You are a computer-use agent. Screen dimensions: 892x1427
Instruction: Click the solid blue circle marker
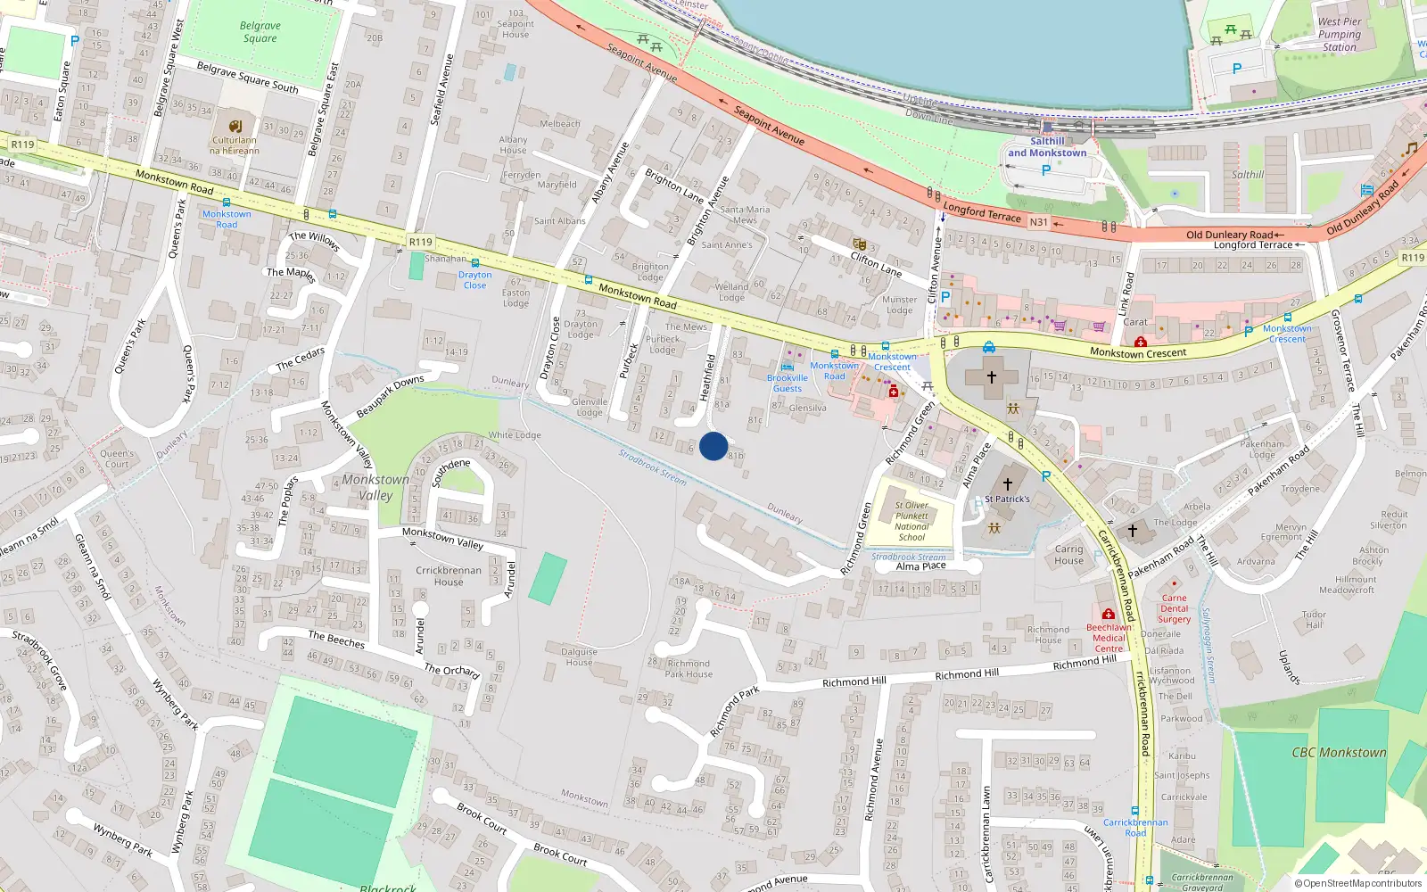coord(713,446)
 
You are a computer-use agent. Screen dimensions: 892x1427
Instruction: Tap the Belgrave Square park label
coord(260,32)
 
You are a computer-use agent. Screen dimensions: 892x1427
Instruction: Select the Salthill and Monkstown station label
coord(1047,147)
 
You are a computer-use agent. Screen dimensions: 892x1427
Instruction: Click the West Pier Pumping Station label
coord(1340,35)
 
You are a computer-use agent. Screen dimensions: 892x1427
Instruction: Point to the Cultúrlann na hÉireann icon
coord(235,127)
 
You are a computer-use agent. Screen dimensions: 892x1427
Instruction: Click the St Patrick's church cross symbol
coord(1008,483)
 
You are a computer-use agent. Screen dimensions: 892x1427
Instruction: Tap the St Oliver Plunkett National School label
coord(911,521)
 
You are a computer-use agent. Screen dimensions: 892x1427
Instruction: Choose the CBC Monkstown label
coord(1339,752)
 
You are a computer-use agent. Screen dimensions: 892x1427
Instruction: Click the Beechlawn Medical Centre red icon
coord(1109,615)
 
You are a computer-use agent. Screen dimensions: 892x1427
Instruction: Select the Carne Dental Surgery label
coord(1175,608)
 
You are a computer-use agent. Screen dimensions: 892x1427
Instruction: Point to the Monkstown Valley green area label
coord(375,487)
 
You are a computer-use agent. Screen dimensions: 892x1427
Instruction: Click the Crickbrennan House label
coord(449,576)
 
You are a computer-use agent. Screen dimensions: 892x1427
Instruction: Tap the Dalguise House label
coord(579,657)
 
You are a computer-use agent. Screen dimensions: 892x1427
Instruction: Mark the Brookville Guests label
coord(788,383)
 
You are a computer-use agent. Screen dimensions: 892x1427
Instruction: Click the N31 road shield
coord(1038,222)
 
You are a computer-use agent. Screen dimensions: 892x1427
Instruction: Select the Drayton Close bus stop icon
coord(475,263)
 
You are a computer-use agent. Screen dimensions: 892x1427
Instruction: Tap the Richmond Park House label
coord(689,669)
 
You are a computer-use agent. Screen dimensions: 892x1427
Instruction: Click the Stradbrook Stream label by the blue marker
coord(653,467)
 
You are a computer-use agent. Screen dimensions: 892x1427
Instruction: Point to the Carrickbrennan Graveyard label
coord(1201,882)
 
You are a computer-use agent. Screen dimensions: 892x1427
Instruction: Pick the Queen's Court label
coord(117,458)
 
